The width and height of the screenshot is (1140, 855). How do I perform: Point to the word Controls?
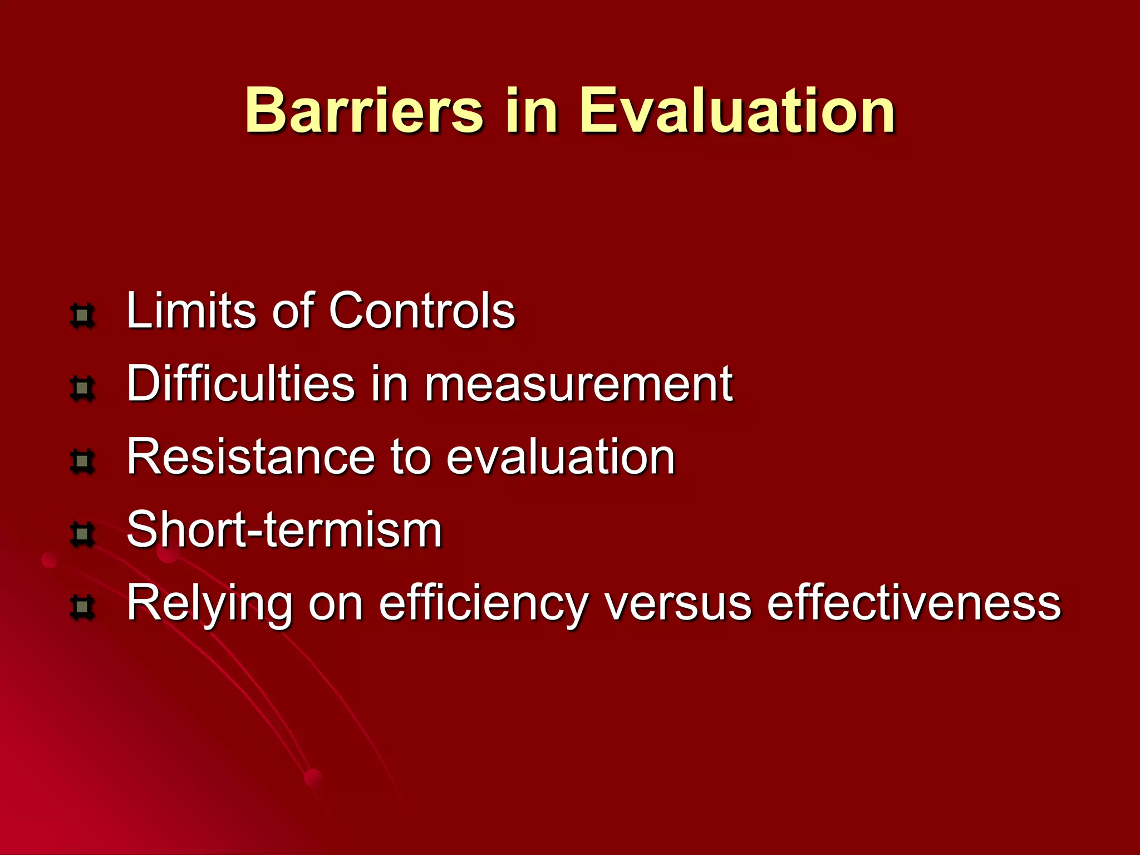422,310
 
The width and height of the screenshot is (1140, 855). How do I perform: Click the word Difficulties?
240,384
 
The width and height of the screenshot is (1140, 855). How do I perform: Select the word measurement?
578,384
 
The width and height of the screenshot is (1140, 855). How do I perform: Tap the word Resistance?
250,456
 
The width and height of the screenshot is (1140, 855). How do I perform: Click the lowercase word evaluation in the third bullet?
561,456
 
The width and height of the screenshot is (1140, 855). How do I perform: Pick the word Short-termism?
284,529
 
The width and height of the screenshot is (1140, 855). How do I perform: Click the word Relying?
209,603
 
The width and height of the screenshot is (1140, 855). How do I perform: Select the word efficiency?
483,603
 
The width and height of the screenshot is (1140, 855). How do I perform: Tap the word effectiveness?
913,603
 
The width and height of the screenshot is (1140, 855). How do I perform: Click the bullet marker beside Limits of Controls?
82,316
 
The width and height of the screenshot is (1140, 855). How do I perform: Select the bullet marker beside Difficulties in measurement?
82,389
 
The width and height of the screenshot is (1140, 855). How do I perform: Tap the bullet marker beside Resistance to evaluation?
82,461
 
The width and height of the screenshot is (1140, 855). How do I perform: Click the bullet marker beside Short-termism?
82,534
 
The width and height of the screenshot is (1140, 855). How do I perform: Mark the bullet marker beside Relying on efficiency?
82,607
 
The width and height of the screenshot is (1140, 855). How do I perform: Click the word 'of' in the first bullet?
293,310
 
